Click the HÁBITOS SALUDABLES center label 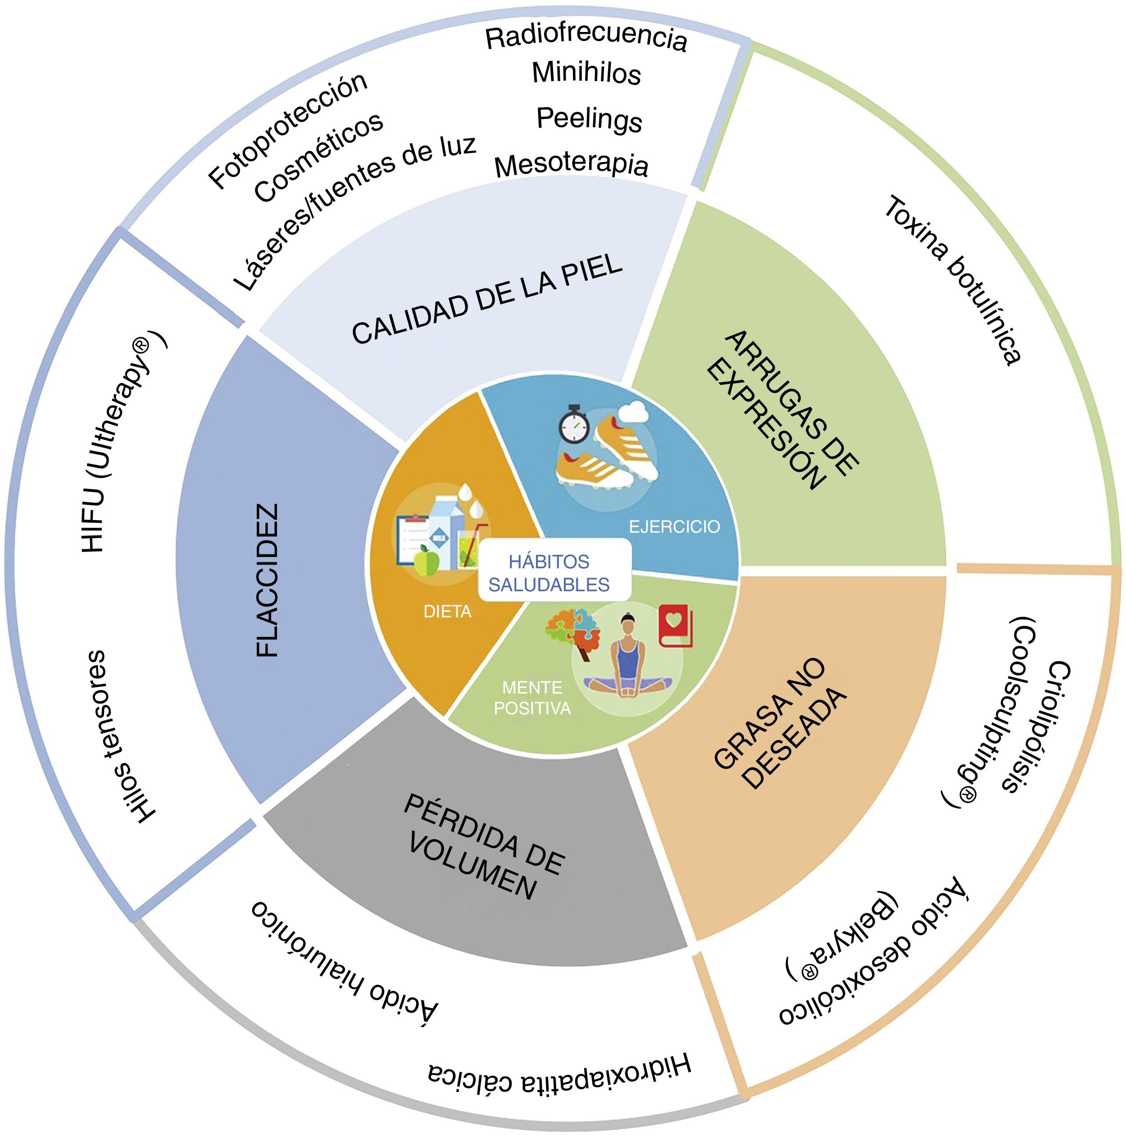point(549,573)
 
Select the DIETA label point(447,612)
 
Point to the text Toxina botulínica point(953,281)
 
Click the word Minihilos point(586,73)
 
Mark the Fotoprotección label point(288,131)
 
